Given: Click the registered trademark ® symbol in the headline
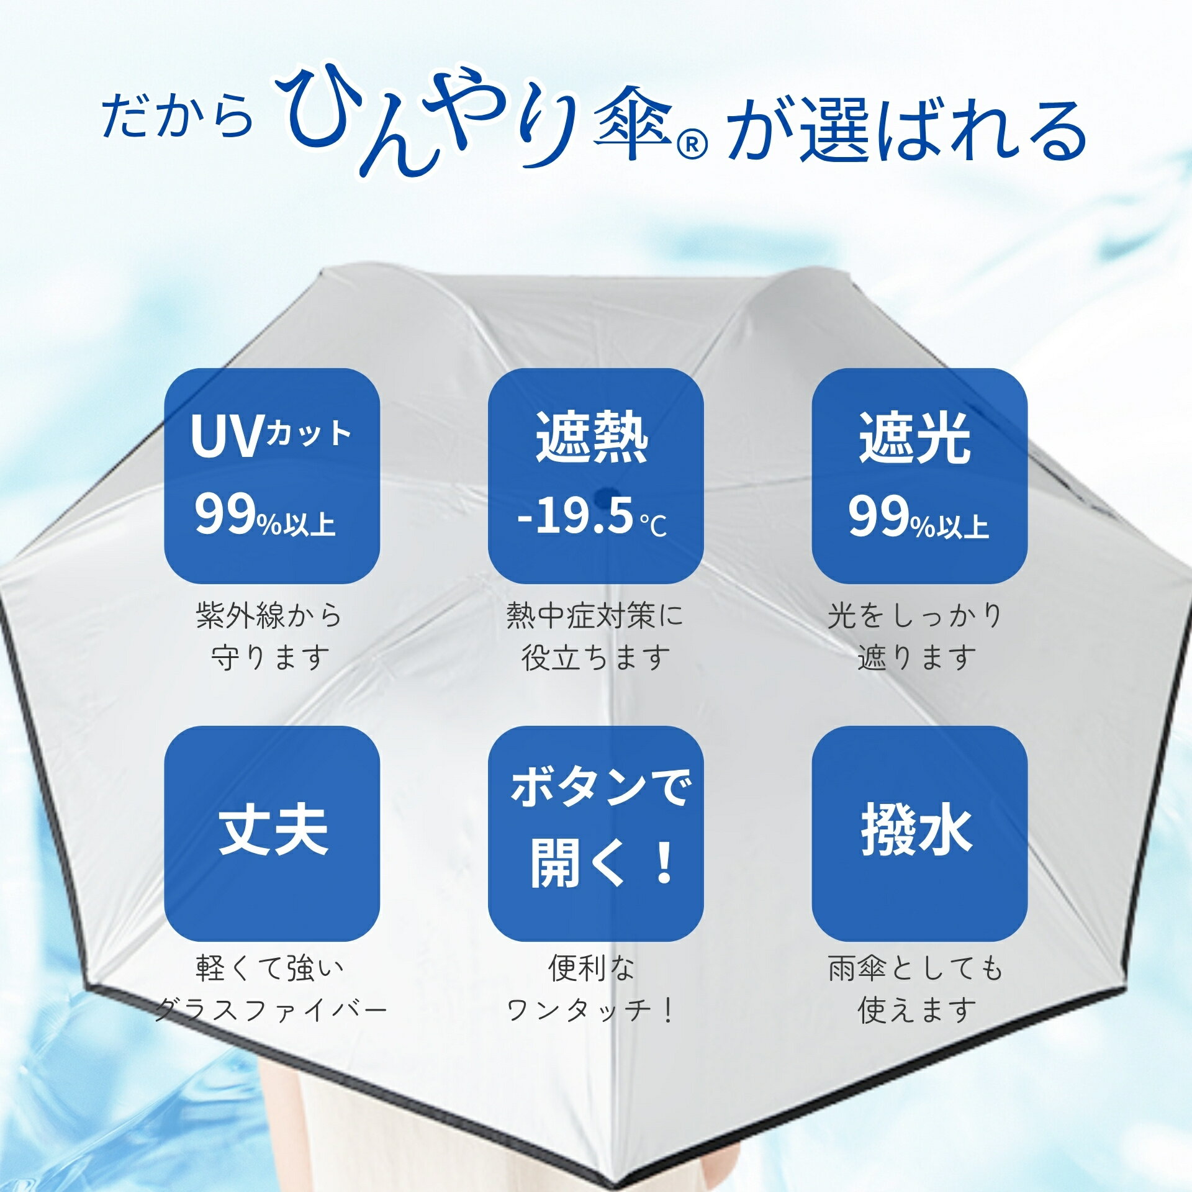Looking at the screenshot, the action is pyautogui.click(x=692, y=147).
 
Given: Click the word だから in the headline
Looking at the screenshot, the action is pyautogui.click(x=178, y=116).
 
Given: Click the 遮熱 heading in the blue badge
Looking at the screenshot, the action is pyautogui.click(x=592, y=437).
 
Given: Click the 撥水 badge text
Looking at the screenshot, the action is pyautogui.click(x=916, y=830).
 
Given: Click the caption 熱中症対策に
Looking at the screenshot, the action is pyautogui.click(x=594, y=615).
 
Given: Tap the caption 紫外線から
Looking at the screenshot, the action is pyautogui.click(x=269, y=615).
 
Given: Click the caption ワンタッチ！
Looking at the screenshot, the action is pyautogui.click(x=590, y=1011).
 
